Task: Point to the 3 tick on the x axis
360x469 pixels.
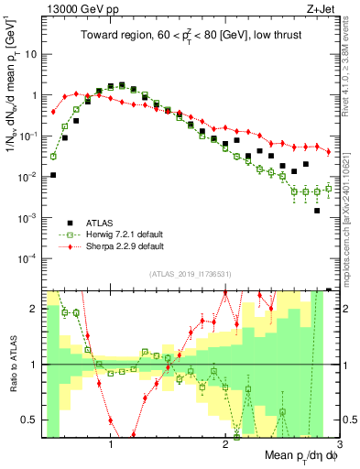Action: (339, 443)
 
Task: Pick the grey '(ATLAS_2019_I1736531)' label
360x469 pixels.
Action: (191, 274)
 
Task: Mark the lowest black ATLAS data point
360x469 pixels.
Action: (317, 211)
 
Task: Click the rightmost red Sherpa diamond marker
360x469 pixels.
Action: (328, 151)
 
